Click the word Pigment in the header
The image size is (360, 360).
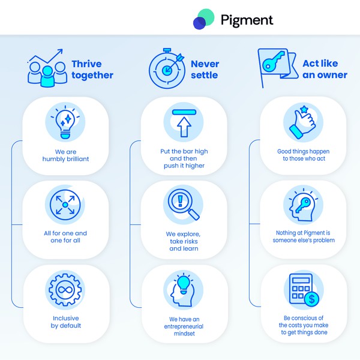(246, 20)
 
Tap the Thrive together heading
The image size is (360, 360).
(92, 70)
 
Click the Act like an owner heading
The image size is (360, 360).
(325, 70)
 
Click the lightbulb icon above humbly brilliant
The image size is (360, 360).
(65, 122)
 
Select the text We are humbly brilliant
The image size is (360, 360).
(65, 155)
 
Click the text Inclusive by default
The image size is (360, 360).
(65, 322)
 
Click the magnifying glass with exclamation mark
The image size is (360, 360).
(184, 205)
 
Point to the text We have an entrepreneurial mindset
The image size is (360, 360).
(184, 323)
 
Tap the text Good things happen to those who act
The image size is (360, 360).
(303, 155)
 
